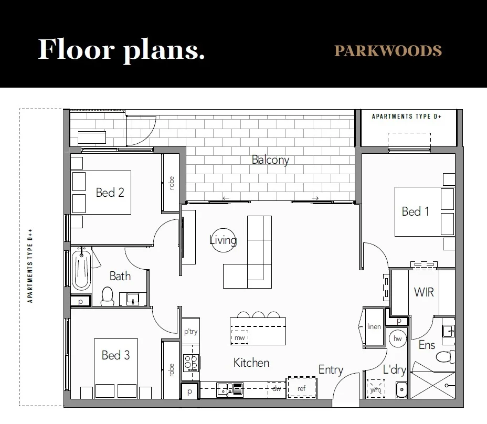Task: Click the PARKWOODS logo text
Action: click(x=388, y=51)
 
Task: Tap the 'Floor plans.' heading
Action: click(x=121, y=49)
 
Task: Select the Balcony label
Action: click(x=270, y=160)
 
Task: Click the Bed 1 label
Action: click(x=415, y=211)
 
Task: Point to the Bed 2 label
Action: click(x=110, y=192)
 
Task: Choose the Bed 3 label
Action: click(x=115, y=355)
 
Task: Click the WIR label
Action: click(x=424, y=291)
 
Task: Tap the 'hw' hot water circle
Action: click(x=397, y=339)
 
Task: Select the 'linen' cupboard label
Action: click(x=374, y=326)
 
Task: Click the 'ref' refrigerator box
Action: click(x=301, y=388)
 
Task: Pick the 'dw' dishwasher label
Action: click(x=276, y=388)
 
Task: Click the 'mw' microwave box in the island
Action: click(x=239, y=337)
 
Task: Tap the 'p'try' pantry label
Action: click(x=190, y=331)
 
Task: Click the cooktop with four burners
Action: click(x=190, y=362)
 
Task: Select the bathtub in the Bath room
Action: click(x=81, y=270)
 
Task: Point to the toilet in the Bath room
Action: click(x=108, y=296)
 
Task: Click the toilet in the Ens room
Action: click(x=444, y=357)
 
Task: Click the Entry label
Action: click(x=331, y=370)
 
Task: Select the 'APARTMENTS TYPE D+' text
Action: click(x=407, y=116)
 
